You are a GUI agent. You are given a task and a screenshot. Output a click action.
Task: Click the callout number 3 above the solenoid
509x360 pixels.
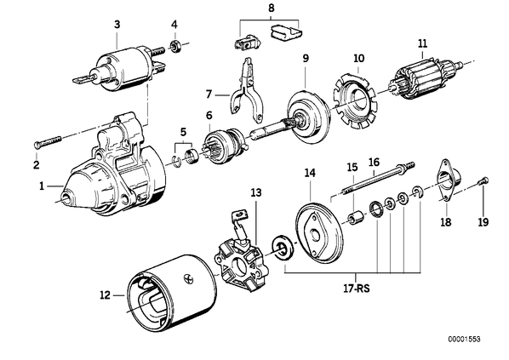point(117,24)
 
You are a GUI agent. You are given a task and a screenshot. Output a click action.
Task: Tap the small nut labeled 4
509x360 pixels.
point(175,47)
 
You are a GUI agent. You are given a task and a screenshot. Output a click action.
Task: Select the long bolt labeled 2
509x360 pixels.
point(48,141)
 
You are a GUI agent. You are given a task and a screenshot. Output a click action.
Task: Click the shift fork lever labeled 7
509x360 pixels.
point(246,91)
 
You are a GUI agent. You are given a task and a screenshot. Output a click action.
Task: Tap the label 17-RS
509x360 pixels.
point(356,289)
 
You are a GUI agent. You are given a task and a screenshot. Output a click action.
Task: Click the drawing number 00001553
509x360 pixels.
point(464,340)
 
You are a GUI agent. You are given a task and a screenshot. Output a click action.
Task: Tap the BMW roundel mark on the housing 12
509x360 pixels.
point(188,277)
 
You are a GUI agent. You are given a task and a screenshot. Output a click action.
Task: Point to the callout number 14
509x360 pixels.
point(310,173)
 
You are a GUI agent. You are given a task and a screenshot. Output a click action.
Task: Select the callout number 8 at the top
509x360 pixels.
point(271,9)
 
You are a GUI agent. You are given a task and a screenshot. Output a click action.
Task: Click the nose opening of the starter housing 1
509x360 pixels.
point(66,197)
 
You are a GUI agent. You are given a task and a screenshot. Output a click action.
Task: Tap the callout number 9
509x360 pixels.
point(306,59)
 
